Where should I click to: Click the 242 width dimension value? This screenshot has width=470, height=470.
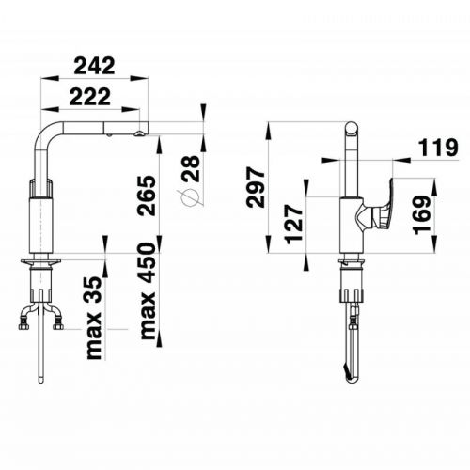point(94,66)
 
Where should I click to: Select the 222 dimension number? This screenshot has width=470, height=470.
point(90,96)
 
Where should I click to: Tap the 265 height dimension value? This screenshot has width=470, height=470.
point(147,196)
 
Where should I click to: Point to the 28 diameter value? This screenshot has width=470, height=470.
point(190,168)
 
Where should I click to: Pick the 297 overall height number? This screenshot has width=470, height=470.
point(256,187)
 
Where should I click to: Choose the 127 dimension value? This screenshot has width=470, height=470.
point(294,224)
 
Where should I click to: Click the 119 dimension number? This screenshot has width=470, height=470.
point(438,148)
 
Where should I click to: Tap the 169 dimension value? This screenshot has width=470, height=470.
point(422,214)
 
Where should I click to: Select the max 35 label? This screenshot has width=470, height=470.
point(94,318)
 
